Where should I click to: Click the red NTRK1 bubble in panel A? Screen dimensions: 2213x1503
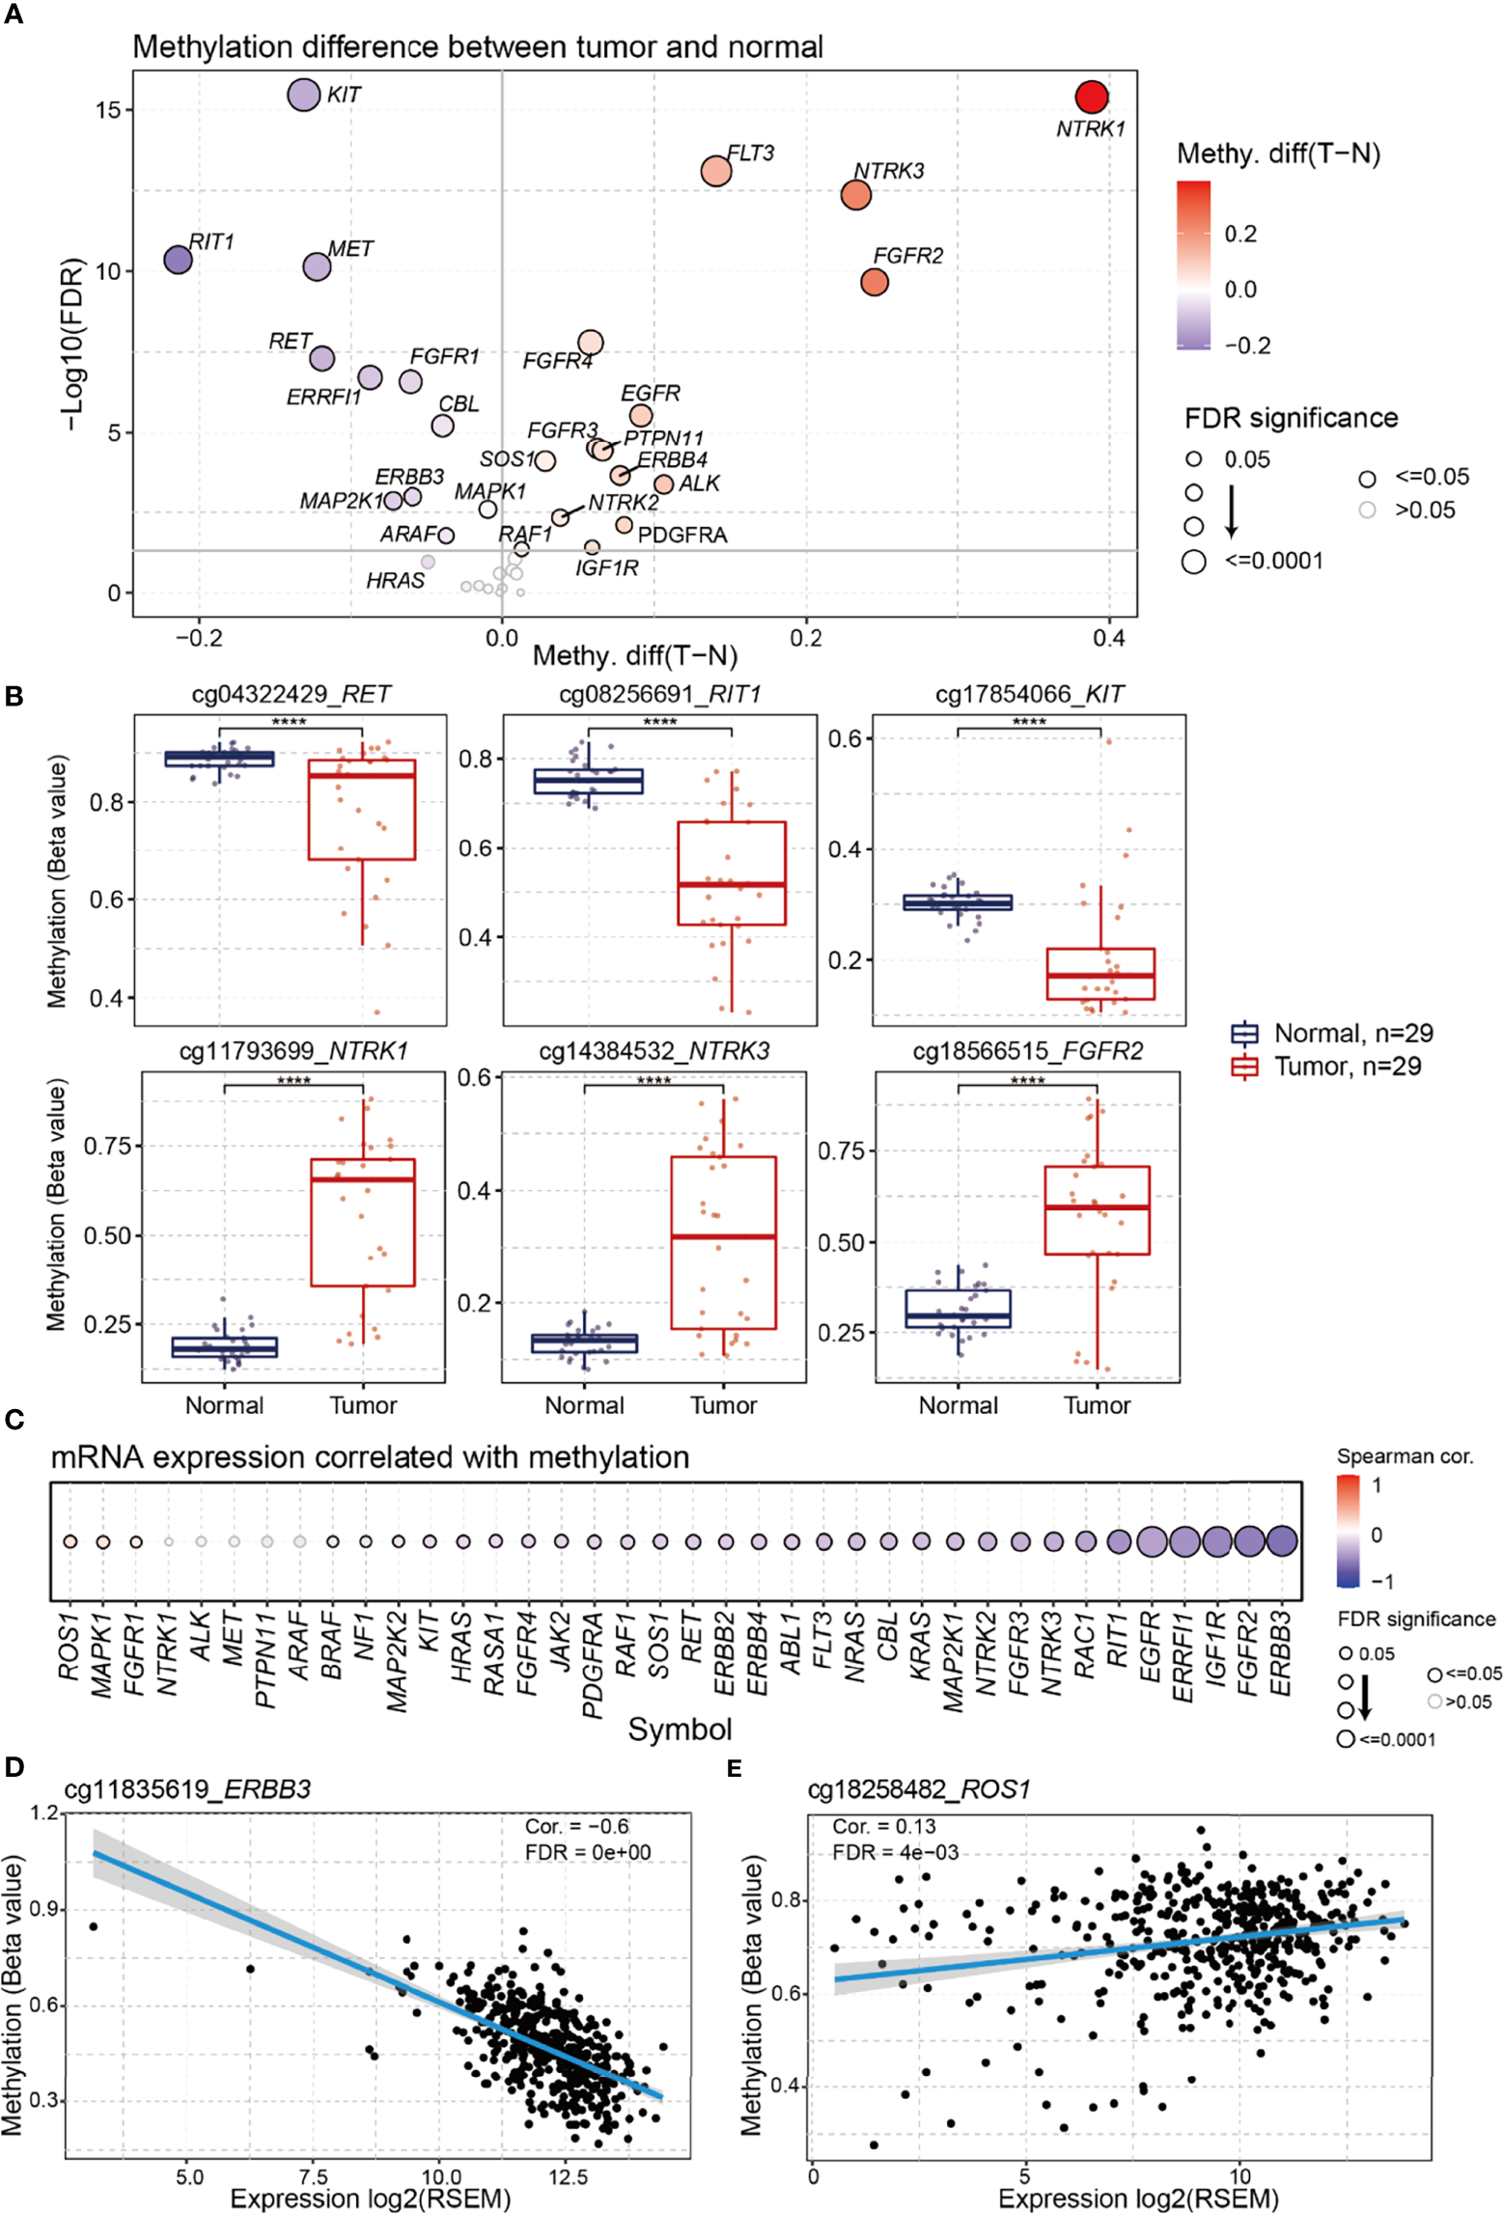click(x=1091, y=97)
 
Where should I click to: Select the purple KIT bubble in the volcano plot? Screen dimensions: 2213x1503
click(x=303, y=95)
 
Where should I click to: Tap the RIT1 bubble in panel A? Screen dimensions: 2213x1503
click(x=178, y=259)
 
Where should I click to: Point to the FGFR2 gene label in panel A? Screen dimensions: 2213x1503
click(x=907, y=256)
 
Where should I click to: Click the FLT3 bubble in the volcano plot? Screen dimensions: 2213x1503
click(x=716, y=171)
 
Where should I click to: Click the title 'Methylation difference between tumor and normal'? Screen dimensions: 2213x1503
click(x=477, y=46)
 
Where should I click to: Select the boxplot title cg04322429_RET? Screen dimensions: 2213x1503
click(x=291, y=694)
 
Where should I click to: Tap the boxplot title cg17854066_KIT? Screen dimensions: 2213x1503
click(x=1029, y=694)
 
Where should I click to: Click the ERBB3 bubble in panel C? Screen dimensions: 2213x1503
click(x=1281, y=1541)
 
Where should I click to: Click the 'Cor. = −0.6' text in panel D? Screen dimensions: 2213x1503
click(x=576, y=1826)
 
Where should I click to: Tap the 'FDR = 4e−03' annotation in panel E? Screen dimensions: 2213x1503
click(x=895, y=1852)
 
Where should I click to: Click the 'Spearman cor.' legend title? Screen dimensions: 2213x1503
click(x=1404, y=1456)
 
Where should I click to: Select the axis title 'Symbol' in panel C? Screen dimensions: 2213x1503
click(x=680, y=1729)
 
